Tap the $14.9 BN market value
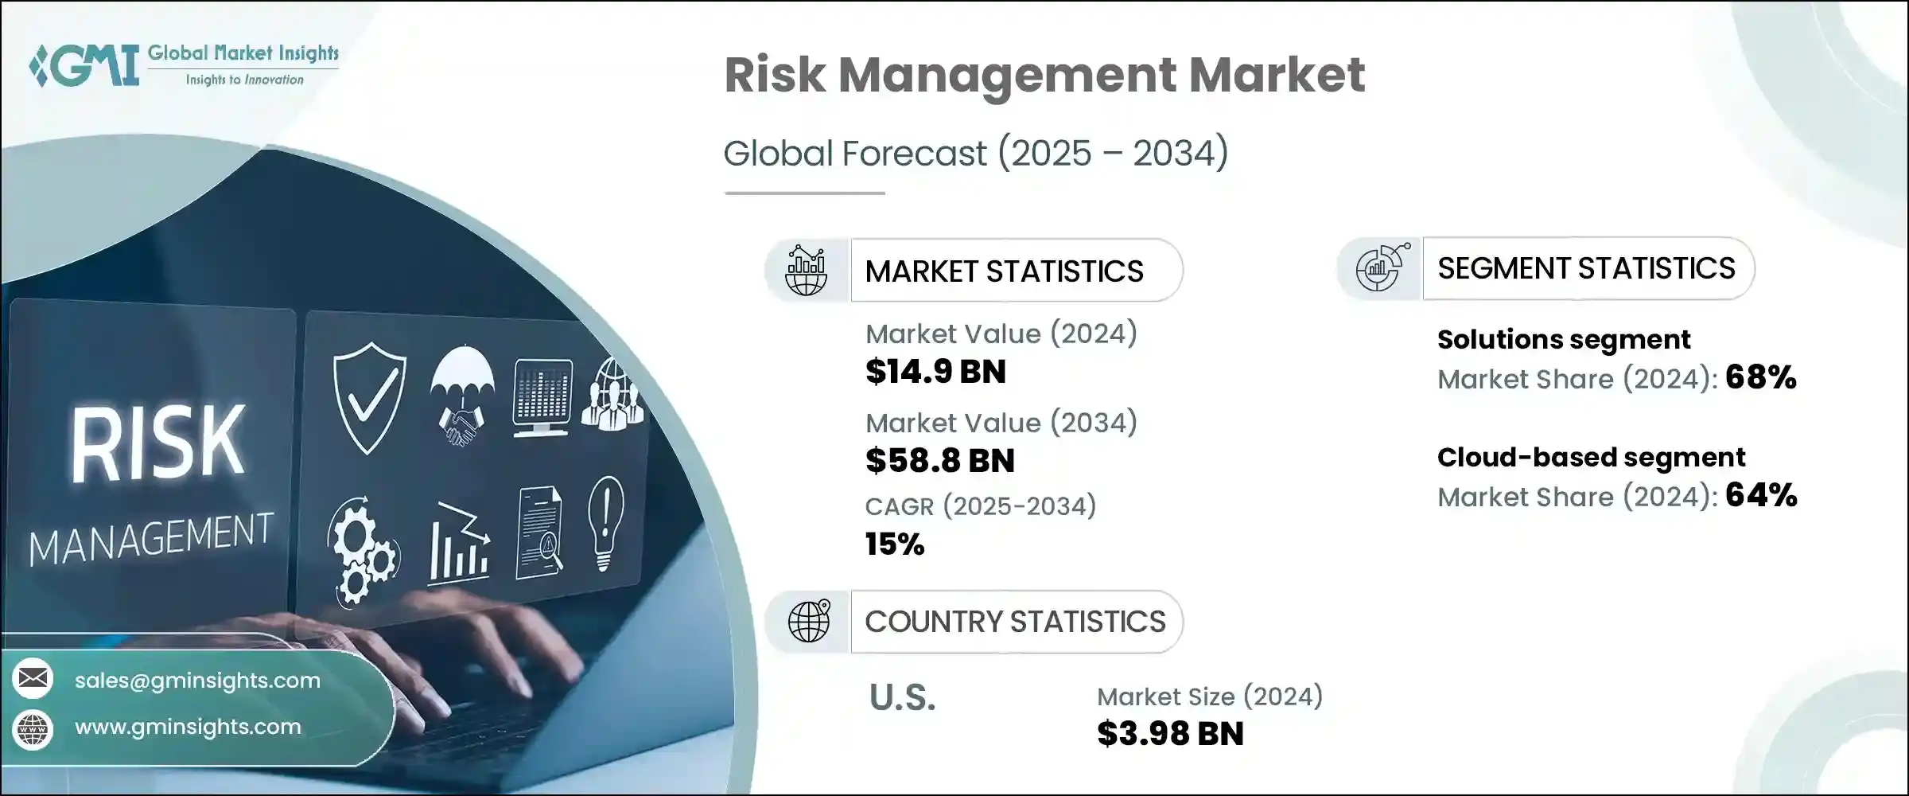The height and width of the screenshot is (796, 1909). point(935,372)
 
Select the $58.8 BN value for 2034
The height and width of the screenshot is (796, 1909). point(939,461)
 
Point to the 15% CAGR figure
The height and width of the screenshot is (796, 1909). point(895,544)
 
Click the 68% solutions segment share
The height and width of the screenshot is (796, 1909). point(1760,377)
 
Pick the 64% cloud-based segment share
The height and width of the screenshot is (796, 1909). point(1760,496)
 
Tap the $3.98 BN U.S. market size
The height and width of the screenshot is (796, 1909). point(1169,734)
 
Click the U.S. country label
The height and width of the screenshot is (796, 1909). point(902,698)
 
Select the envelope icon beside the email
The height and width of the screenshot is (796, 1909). point(33,678)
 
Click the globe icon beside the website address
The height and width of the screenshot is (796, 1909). point(33,728)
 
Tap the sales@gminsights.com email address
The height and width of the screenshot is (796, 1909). point(197,681)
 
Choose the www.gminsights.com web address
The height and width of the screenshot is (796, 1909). point(188,727)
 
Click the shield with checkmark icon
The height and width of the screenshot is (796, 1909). point(369,396)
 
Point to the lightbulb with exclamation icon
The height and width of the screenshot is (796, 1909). point(605,521)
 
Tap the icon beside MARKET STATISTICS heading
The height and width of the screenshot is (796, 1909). point(806,271)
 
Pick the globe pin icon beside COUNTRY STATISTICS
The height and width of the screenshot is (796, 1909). point(808,621)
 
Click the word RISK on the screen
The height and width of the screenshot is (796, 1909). point(157,443)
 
